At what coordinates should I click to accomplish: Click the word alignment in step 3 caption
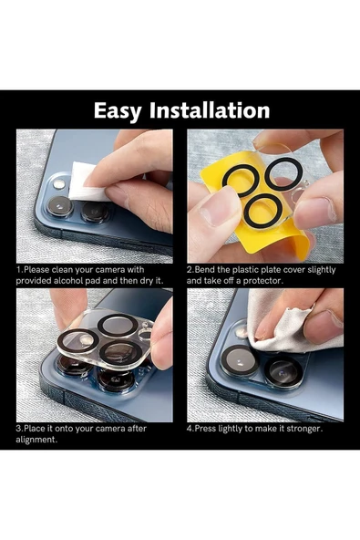(x=39, y=439)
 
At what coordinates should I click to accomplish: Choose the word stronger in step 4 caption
(x=300, y=428)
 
